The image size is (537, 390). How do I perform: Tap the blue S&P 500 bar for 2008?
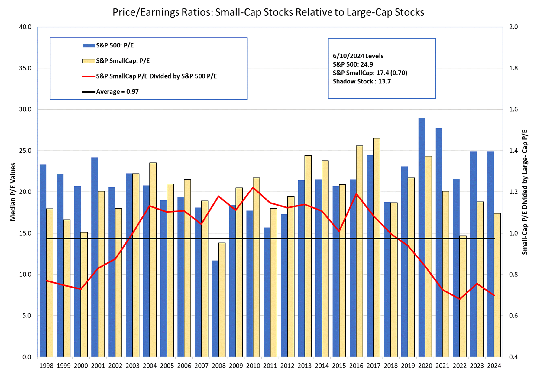pos(215,308)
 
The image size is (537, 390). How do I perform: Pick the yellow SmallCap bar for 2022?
pos(463,296)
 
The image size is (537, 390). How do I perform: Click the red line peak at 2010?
pos(253,187)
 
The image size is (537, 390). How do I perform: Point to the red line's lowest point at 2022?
pos(460,299)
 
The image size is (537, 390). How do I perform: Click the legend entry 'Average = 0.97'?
pos(117,92)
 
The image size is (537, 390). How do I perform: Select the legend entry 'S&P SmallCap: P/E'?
pos(122,61)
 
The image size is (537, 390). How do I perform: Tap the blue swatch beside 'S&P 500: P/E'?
pos(89,45)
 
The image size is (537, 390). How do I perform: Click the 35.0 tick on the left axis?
pos(25,68)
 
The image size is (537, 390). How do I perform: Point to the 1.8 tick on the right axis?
pos(513,68)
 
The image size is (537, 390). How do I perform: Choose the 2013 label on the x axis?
pos(304,366)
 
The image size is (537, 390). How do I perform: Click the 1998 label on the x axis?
pos(46,366)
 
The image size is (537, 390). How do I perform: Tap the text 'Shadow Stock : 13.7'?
pos(361,81)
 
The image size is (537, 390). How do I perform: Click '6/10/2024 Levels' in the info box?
pos(358,56)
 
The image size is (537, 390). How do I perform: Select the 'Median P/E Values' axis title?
pos(13,192)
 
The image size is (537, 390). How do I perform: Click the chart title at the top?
pos(268,12)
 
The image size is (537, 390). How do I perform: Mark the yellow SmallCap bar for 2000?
pos(84,295)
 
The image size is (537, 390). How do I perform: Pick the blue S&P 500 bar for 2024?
pos(490,254)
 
